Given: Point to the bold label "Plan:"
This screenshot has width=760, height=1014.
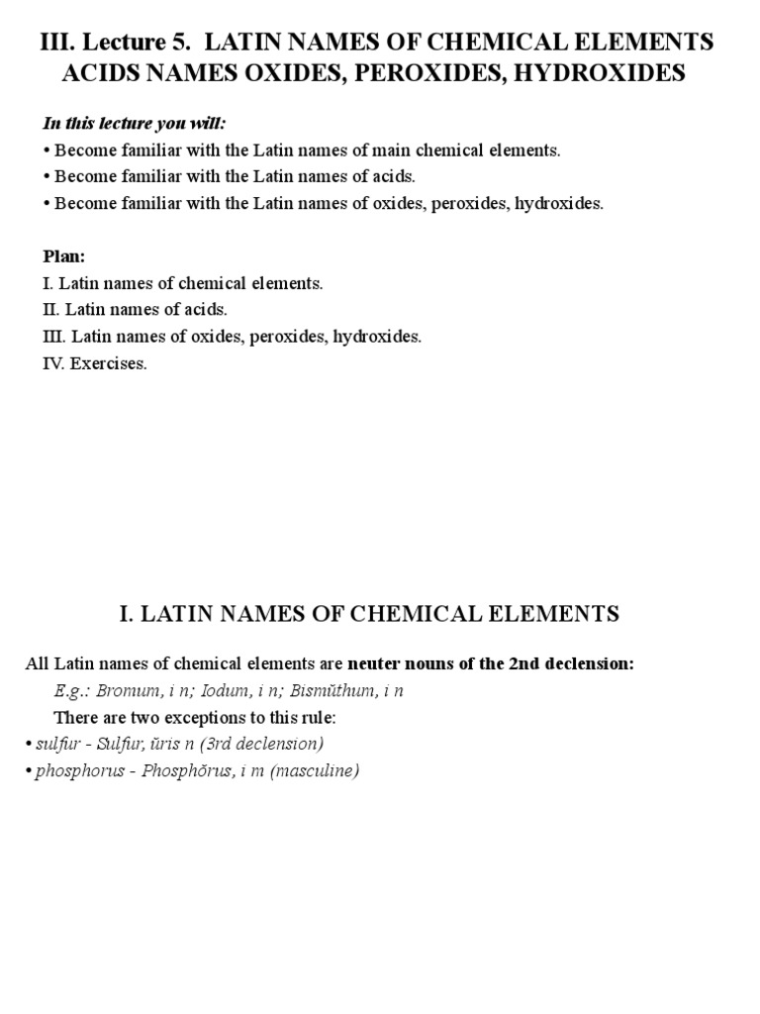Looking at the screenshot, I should click(x=64, y=256).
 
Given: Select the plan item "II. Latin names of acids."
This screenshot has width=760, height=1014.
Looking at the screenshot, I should click(x=135, y=310).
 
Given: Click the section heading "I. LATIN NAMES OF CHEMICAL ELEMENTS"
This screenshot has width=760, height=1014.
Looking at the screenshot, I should click(x=368, y=614).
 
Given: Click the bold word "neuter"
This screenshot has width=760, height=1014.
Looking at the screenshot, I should click(x=375, y=663).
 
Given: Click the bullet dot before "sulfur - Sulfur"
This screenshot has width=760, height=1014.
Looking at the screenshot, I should click(x=30, y=744).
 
